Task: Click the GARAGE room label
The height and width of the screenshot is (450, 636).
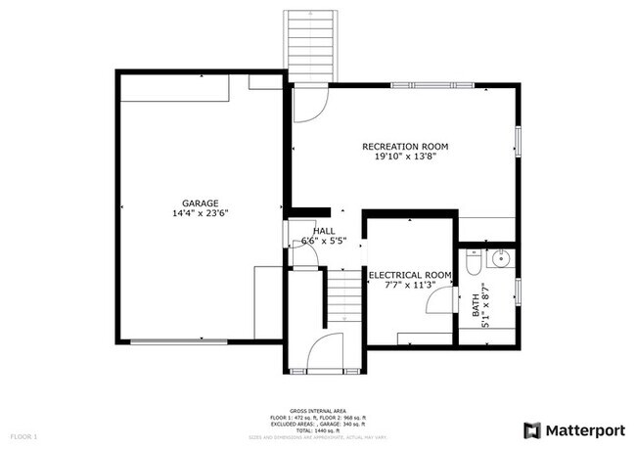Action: click(200, 202)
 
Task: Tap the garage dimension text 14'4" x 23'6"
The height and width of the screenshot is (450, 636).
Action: click(200, 212)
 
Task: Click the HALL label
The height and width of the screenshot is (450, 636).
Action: click(323, 231)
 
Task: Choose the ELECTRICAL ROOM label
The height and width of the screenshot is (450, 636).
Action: click(409, 276)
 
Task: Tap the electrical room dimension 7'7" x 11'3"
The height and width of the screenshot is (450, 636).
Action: click(409, 286)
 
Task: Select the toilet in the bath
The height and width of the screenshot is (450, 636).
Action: click(474, 264)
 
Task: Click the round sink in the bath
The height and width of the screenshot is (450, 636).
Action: click(500, 260)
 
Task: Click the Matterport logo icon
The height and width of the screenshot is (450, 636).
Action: click(532, 429)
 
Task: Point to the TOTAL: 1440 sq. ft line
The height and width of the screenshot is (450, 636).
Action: click(318, 431)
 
